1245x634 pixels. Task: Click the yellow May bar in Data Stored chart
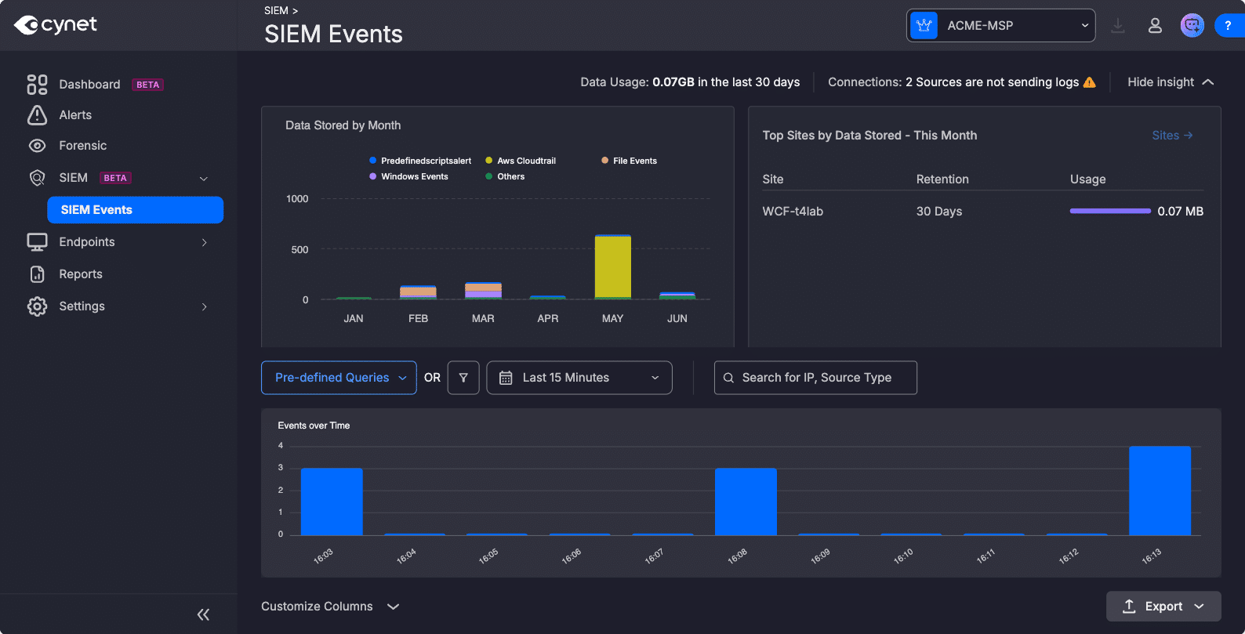[x=612, y=266]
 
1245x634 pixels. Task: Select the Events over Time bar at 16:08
[x=746, y=502]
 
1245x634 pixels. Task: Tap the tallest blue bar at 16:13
[x=1160, y=491]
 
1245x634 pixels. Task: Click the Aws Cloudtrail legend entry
[x=521, y=161]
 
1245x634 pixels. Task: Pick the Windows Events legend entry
[x=408, y=176]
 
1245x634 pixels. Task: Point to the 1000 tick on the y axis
[x=297, y=199]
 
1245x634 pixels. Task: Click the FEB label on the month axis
[x=418, y=318]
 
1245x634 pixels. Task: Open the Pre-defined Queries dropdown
[x=339, y=378]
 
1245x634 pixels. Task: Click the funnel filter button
[x=463, y=378]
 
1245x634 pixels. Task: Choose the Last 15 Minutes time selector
[x=579, y=378]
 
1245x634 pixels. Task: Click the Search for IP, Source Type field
[x=815, y=378]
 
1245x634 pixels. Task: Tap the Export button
[x=1163, y=607]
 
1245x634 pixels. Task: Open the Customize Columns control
[x=330, y=607]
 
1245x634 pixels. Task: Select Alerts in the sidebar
[x=75, y=115]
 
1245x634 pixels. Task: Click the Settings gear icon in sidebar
[x=37, y=306]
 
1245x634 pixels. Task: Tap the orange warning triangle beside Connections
[x=1090, y=82]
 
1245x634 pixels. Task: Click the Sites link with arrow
[x=1172, y=135]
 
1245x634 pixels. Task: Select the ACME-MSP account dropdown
[x=1000, y=26]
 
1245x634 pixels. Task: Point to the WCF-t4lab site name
[x=793, y=211]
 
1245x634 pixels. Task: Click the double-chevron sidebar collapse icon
[x=203, y=614]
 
